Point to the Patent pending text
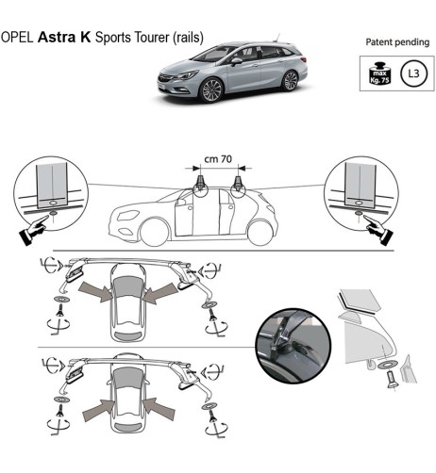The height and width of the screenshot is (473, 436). (x=396, y=43)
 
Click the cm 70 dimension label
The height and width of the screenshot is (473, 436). (x=219, y=159)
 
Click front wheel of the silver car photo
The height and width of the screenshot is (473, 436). (x=211, y=90)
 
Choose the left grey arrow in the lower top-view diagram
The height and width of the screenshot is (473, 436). (x=97, y=407)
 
